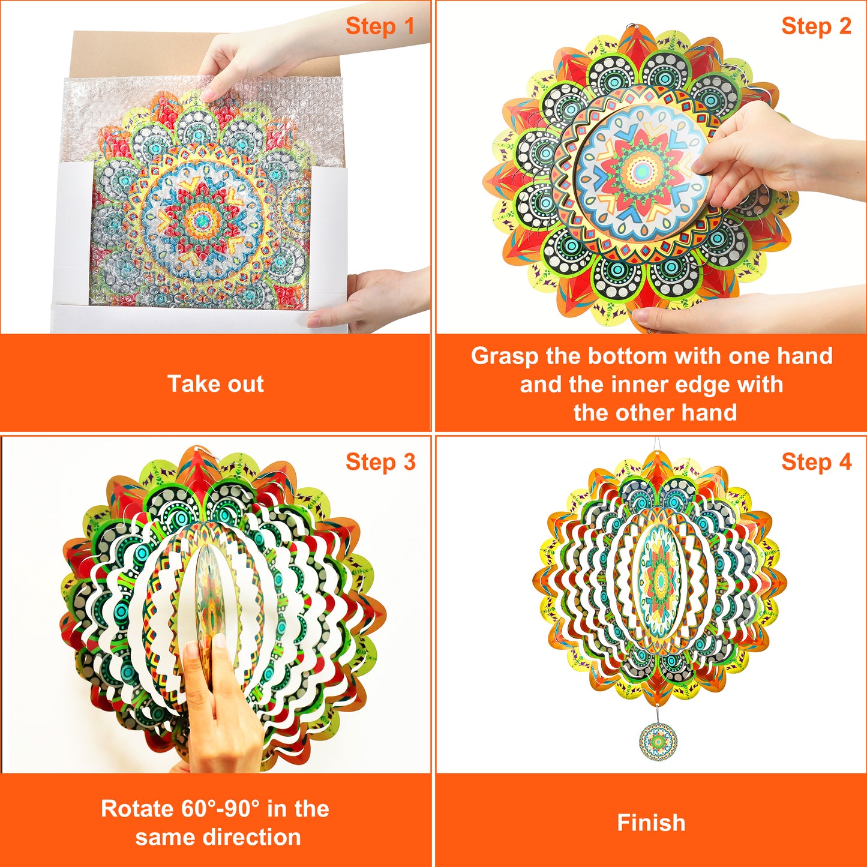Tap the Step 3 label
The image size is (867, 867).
[x=380, y=462]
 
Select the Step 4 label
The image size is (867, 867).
[x=816, y=462]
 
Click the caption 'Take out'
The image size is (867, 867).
[x=215, y=384]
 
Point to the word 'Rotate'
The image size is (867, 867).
[x=137, y=808]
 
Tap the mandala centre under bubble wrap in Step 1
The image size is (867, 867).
[x=201, y=219]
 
